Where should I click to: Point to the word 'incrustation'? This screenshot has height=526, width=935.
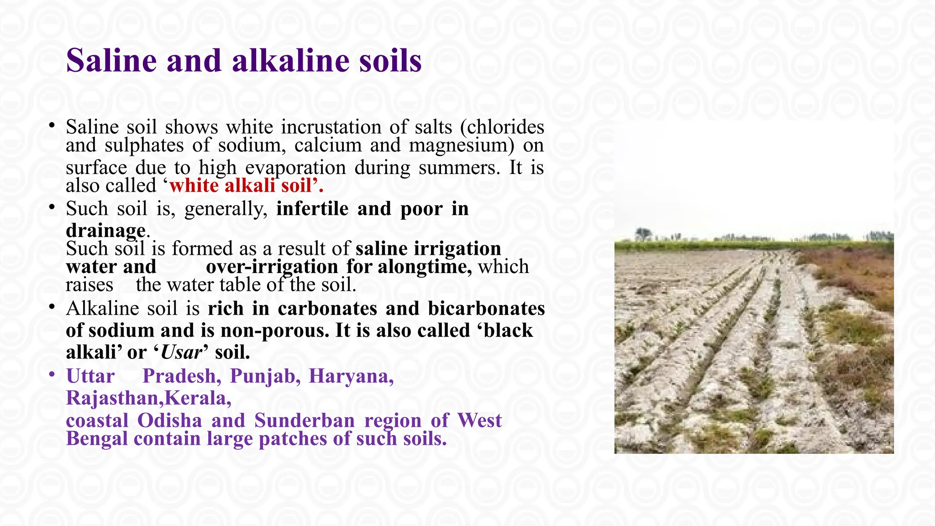coord(331,127)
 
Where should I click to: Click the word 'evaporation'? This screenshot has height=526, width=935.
coord(295,168)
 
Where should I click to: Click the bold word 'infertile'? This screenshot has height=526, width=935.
coord(312,209)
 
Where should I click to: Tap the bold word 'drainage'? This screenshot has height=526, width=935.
coord(105,230)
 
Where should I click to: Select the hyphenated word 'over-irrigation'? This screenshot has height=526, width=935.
coord(272,267)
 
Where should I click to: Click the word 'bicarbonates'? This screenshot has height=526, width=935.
coord(486,309)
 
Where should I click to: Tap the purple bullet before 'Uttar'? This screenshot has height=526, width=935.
coord(53,375)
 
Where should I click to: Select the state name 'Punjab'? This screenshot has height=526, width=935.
coord(265,376)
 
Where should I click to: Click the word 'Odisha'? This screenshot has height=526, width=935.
coord(169,421)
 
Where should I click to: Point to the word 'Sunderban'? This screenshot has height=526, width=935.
coord(304,421)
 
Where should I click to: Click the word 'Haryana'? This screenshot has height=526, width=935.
coord(351,376)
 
